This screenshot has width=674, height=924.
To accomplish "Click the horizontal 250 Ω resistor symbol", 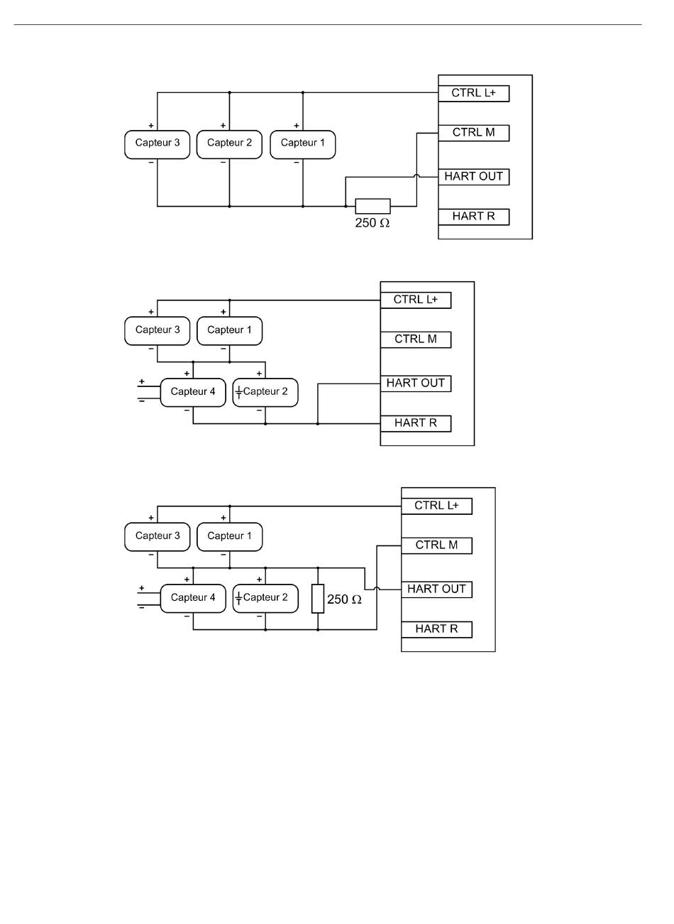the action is (x=372, y=206).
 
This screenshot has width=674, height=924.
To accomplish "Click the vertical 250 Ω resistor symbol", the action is (x=318, y=599).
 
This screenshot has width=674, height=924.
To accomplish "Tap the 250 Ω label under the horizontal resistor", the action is (x=372, y=223).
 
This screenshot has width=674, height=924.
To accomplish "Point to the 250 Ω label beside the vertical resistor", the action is (x=344, y=599).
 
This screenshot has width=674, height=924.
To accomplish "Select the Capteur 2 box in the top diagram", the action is (x=229, y=144).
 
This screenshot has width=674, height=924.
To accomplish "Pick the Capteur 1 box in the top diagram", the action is (x=302, y=144).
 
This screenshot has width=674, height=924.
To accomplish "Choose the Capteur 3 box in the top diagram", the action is (x=157, y=144).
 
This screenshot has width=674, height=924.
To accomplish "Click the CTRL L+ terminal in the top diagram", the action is (x=473, y=93).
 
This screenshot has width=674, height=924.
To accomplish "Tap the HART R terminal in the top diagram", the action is (x=473, y=217).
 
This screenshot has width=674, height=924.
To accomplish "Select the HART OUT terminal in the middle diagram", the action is (x=415, y=384).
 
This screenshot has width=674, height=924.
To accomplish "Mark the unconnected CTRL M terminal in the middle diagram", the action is (x=415, y=339).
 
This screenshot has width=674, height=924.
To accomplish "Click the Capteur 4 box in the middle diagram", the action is (x=193, y=392).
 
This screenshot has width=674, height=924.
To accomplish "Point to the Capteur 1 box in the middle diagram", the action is (x=229, y=331).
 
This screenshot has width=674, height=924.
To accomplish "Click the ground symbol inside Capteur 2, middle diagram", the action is (x=238, y=392).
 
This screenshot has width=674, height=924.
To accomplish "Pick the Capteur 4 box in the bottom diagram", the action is (x=193, y=599).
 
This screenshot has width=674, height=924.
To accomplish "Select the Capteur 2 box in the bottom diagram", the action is (x=265, y=599).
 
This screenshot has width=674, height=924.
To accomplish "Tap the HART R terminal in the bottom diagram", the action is (x=436, y=629).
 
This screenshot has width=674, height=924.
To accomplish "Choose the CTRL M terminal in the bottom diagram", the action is (x=436, y=545).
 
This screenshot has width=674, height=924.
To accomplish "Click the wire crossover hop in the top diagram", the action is (x=416, y=175).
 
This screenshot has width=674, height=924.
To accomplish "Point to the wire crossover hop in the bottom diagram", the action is (x=377, y=588).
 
